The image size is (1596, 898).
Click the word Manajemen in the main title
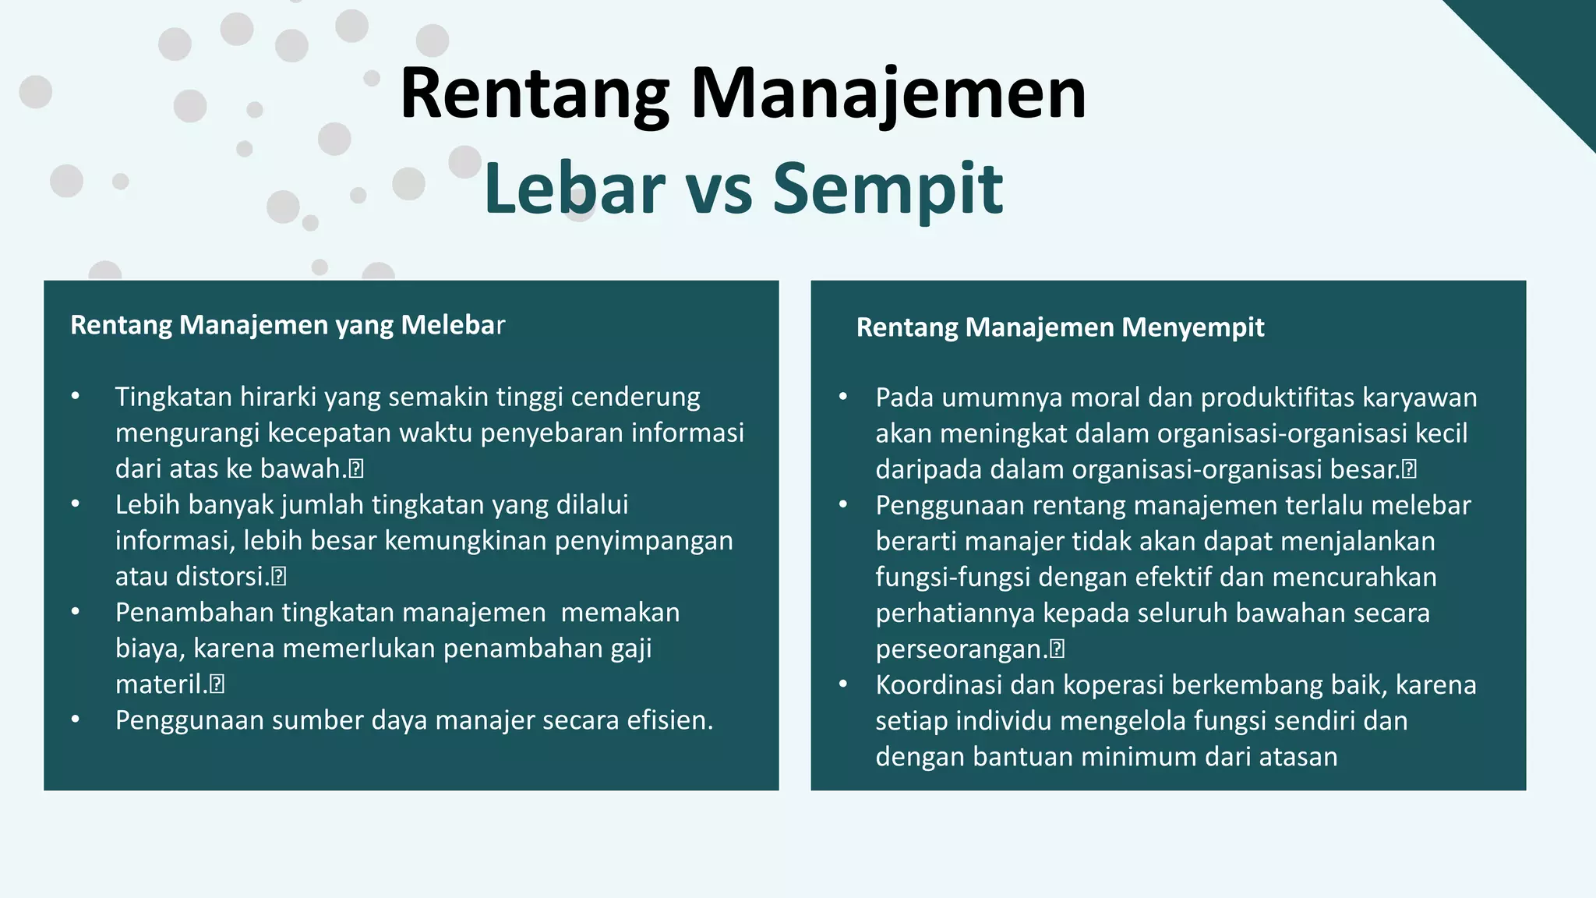[x=888, y=95]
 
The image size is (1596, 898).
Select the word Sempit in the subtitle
[x=888, y=189]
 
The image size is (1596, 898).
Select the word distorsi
[x=221, y=577]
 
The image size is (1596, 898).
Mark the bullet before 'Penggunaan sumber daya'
[x=76, y=720]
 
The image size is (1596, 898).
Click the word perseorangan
[x=961, y=649]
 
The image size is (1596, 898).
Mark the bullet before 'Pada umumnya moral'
[x=842, y=398]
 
